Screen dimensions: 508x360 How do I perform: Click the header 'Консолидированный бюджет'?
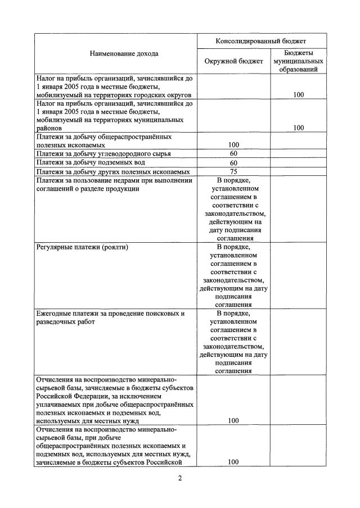(x=262, y=42)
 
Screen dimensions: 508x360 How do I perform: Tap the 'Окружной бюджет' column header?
(x=233, y=61)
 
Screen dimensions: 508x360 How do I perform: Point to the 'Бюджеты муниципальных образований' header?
(x=298, y=61)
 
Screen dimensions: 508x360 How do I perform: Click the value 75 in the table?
(x=233, y=171)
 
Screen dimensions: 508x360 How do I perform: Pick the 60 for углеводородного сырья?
(x=233, y=153)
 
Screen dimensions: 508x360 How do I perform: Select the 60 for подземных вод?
(x=233, y=162)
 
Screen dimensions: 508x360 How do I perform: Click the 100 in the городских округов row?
(x=298, y=95)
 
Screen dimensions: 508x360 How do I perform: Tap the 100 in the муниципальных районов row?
(x=298, y=128)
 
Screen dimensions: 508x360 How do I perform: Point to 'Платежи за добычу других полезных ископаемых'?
(x=112, y=171)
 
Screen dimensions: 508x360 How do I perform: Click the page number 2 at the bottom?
(x=181, y=479)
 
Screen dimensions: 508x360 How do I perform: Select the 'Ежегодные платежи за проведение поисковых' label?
(x=110, y=313)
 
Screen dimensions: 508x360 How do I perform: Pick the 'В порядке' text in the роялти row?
(x=233, y=247)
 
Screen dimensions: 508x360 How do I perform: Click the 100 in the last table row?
(x=233, y=462)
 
